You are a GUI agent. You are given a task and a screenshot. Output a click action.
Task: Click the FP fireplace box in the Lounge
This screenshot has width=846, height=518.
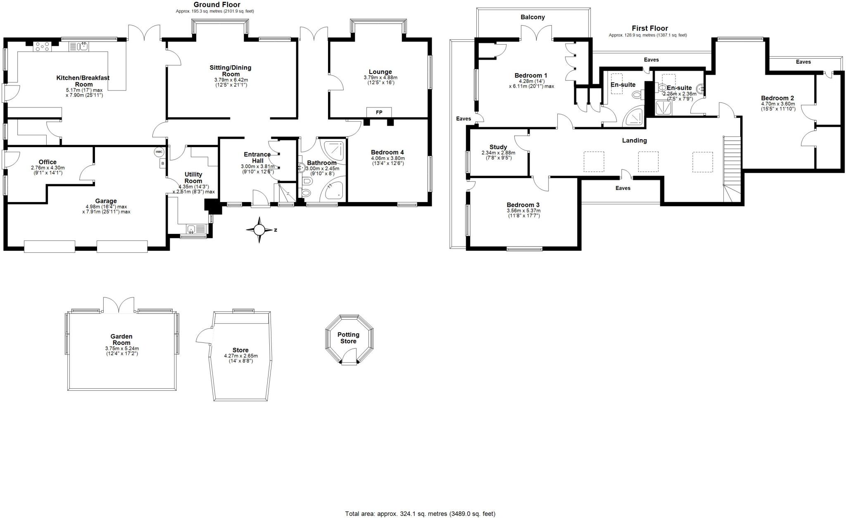pos(379,112)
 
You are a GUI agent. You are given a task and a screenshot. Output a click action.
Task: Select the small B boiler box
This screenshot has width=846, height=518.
pos(163,164)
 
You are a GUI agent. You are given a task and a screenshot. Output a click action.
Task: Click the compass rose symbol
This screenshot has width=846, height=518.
pos(259,230)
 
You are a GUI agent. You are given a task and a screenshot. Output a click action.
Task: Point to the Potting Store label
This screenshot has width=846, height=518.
pos(348,338)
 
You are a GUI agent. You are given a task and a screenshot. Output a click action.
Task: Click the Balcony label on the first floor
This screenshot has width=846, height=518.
pos(532,17)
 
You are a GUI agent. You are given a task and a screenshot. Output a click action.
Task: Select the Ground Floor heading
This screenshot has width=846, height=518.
pos(217,5)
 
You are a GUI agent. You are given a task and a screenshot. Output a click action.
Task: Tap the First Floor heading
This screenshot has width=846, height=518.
pos(650,29)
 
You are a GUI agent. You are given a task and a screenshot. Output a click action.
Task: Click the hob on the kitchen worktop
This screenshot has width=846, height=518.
pos(42,46)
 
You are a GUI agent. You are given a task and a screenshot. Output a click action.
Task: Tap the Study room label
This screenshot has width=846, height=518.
pos(498,147)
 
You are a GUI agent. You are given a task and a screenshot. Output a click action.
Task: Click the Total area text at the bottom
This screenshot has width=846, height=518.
pos(420,514)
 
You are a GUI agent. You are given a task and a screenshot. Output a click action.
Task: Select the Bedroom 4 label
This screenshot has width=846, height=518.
pos(387,152)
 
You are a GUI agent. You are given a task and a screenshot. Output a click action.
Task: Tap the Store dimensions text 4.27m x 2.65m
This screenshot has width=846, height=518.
pos(240,356)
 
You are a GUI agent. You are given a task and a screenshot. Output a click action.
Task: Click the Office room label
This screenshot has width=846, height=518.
pos(48,162)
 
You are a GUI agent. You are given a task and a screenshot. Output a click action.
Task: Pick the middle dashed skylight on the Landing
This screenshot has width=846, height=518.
pos(648,162)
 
